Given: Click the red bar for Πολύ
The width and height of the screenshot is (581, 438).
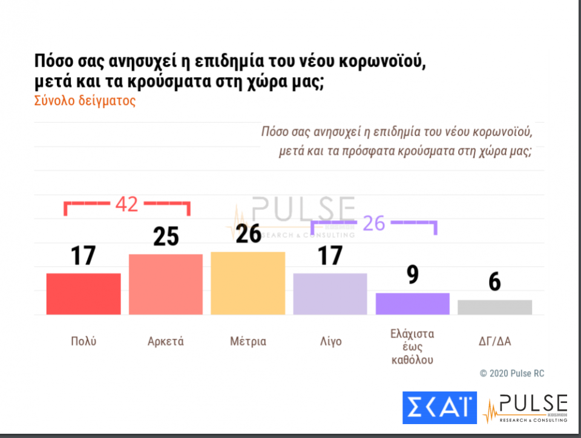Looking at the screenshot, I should [84, 293].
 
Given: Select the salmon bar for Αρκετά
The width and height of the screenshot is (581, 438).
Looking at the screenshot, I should [166, 284].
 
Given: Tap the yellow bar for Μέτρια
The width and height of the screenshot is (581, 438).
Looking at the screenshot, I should [248, 283].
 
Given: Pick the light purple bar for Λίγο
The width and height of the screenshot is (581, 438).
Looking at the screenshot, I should [330, 293].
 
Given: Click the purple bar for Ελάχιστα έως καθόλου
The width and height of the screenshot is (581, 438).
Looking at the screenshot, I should [412, 304].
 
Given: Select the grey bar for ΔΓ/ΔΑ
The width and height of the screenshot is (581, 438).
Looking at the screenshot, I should [494, 307].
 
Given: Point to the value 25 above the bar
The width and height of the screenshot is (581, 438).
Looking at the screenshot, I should [166, 237].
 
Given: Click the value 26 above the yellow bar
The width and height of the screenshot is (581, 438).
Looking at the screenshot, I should [248, 234].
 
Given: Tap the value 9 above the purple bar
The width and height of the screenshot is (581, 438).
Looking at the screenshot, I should [413, 275].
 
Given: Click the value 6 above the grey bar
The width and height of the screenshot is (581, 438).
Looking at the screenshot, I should [494, 282].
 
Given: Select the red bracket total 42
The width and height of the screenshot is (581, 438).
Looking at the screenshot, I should [127, 204].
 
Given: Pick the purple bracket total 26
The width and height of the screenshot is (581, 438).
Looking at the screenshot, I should [373, 223].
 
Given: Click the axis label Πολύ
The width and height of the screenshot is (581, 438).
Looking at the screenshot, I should [84, 341].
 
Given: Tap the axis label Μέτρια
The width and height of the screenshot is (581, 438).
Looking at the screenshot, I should [248, 341].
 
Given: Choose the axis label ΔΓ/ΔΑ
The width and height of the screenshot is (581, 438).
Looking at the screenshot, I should [494, 341].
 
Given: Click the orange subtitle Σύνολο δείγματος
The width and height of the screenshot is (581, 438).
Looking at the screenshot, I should [85, 101].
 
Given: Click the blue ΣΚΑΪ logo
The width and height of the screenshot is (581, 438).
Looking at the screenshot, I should [439, 407].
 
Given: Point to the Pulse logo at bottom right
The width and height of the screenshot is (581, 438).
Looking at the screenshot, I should [526, 408].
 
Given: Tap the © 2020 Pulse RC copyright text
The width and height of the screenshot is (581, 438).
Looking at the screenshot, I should [511, 373].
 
